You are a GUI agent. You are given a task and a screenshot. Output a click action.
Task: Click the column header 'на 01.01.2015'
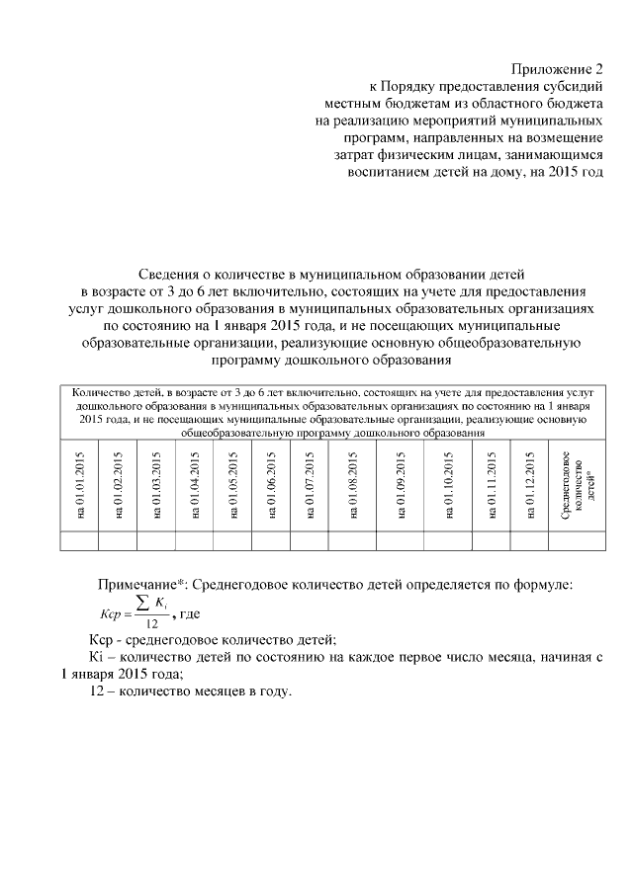(79, 483)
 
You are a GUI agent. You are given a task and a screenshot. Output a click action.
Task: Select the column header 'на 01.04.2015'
(194, 483)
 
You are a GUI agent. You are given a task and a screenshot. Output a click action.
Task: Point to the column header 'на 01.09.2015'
(401, 483)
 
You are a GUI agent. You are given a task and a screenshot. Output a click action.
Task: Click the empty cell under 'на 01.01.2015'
(79, 539)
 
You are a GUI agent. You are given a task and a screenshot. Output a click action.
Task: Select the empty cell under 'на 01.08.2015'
(351, 539)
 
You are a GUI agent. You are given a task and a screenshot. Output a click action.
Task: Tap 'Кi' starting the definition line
(87, 656)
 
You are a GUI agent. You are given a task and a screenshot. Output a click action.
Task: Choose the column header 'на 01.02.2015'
(117, 483)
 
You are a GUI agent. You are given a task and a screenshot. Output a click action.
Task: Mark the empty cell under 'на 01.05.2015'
(232, 539)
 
